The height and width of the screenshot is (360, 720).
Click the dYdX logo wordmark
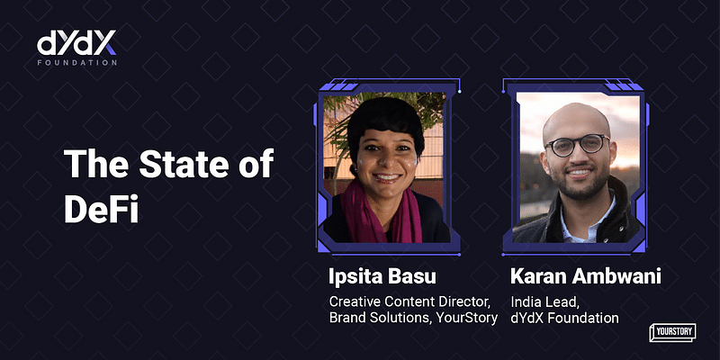coord(76,42)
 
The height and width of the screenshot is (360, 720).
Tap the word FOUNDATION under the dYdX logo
coord(76,62)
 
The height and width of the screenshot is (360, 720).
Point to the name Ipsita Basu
coord(382,276)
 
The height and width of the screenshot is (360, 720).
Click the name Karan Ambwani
coord(586,276)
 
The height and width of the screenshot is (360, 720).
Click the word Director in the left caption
coord(465,302)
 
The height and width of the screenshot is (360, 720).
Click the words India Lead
coord(541,302)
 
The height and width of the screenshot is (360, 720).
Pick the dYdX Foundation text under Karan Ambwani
coord(564,318)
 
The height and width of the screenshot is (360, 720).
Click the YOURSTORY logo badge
coord(672,332)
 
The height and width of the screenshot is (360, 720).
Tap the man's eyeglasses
coord(577,145)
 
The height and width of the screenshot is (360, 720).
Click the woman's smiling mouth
coord(387,177)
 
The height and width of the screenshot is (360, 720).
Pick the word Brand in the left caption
coord(346,318)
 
